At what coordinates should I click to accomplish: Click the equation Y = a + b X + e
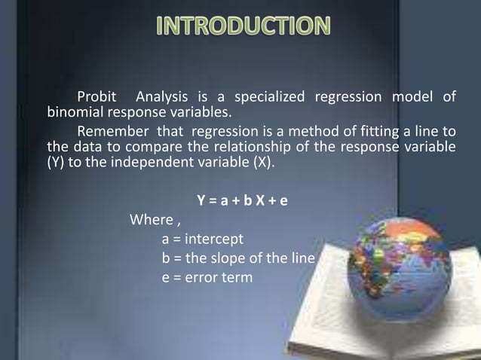[242, 202]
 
